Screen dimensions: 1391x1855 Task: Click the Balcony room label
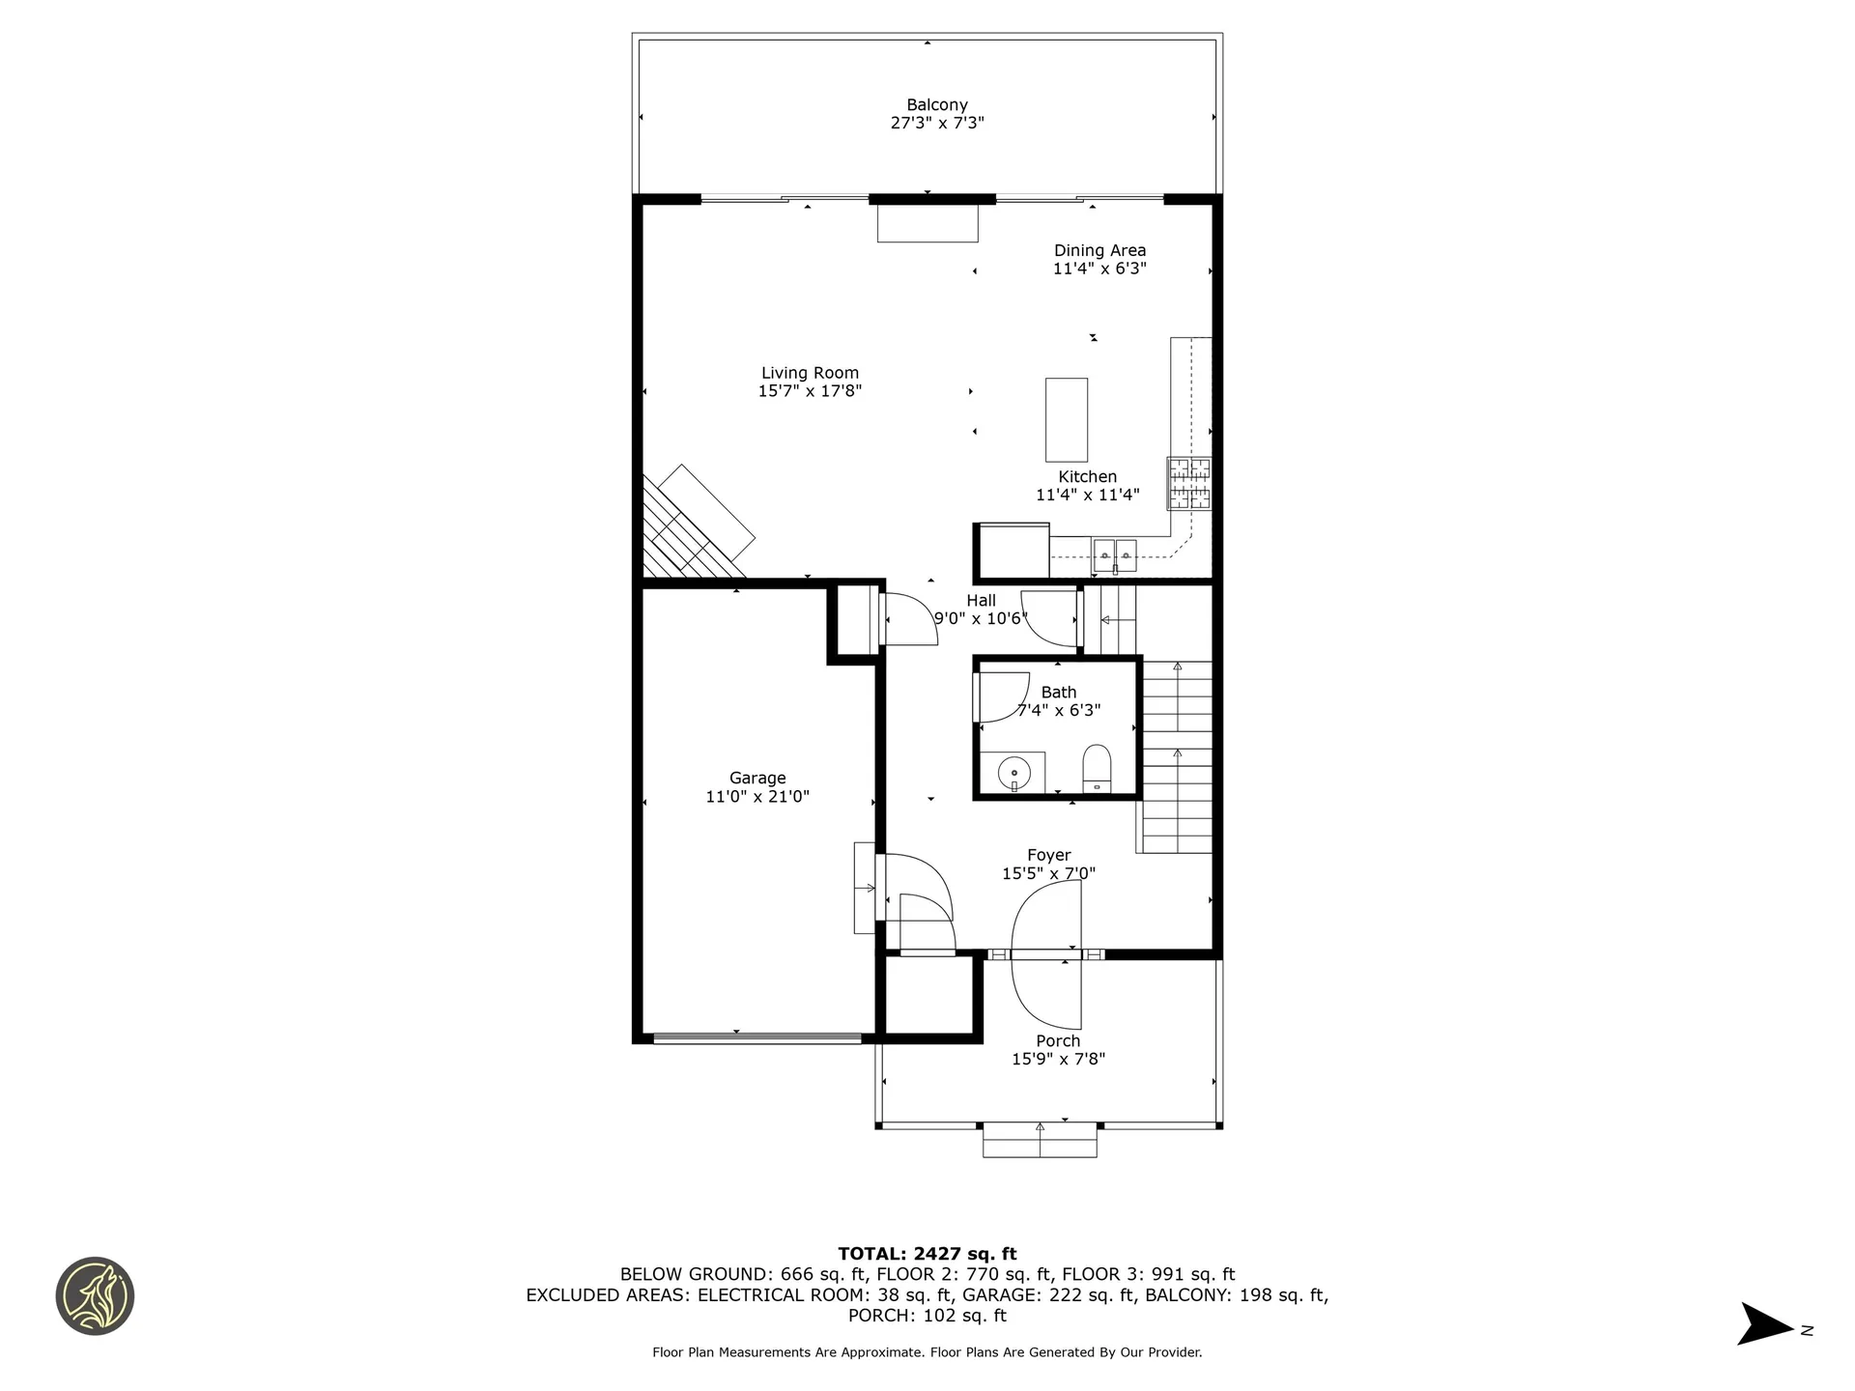[936, 104]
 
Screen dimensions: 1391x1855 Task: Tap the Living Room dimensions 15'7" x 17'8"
[810, 391]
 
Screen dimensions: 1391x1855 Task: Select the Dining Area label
[1099, 250]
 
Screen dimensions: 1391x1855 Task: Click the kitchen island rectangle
[1066, 419]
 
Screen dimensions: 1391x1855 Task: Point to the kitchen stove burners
[1188, 483]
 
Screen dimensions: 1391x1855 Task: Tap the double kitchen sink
[1115, 554]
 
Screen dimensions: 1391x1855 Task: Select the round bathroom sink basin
[1013, 773]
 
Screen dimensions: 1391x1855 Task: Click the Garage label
[757, 778]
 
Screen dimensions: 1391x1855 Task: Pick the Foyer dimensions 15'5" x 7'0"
[1048, 874]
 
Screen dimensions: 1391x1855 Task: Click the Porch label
[1058, 1040]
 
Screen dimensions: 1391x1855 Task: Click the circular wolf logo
[95, 1296]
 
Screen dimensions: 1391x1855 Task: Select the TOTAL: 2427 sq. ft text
[927, 1254]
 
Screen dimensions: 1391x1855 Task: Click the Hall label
[981, 600]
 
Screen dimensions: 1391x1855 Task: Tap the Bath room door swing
[1003, 696]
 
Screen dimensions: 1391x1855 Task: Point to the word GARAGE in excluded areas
[996, 1295]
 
